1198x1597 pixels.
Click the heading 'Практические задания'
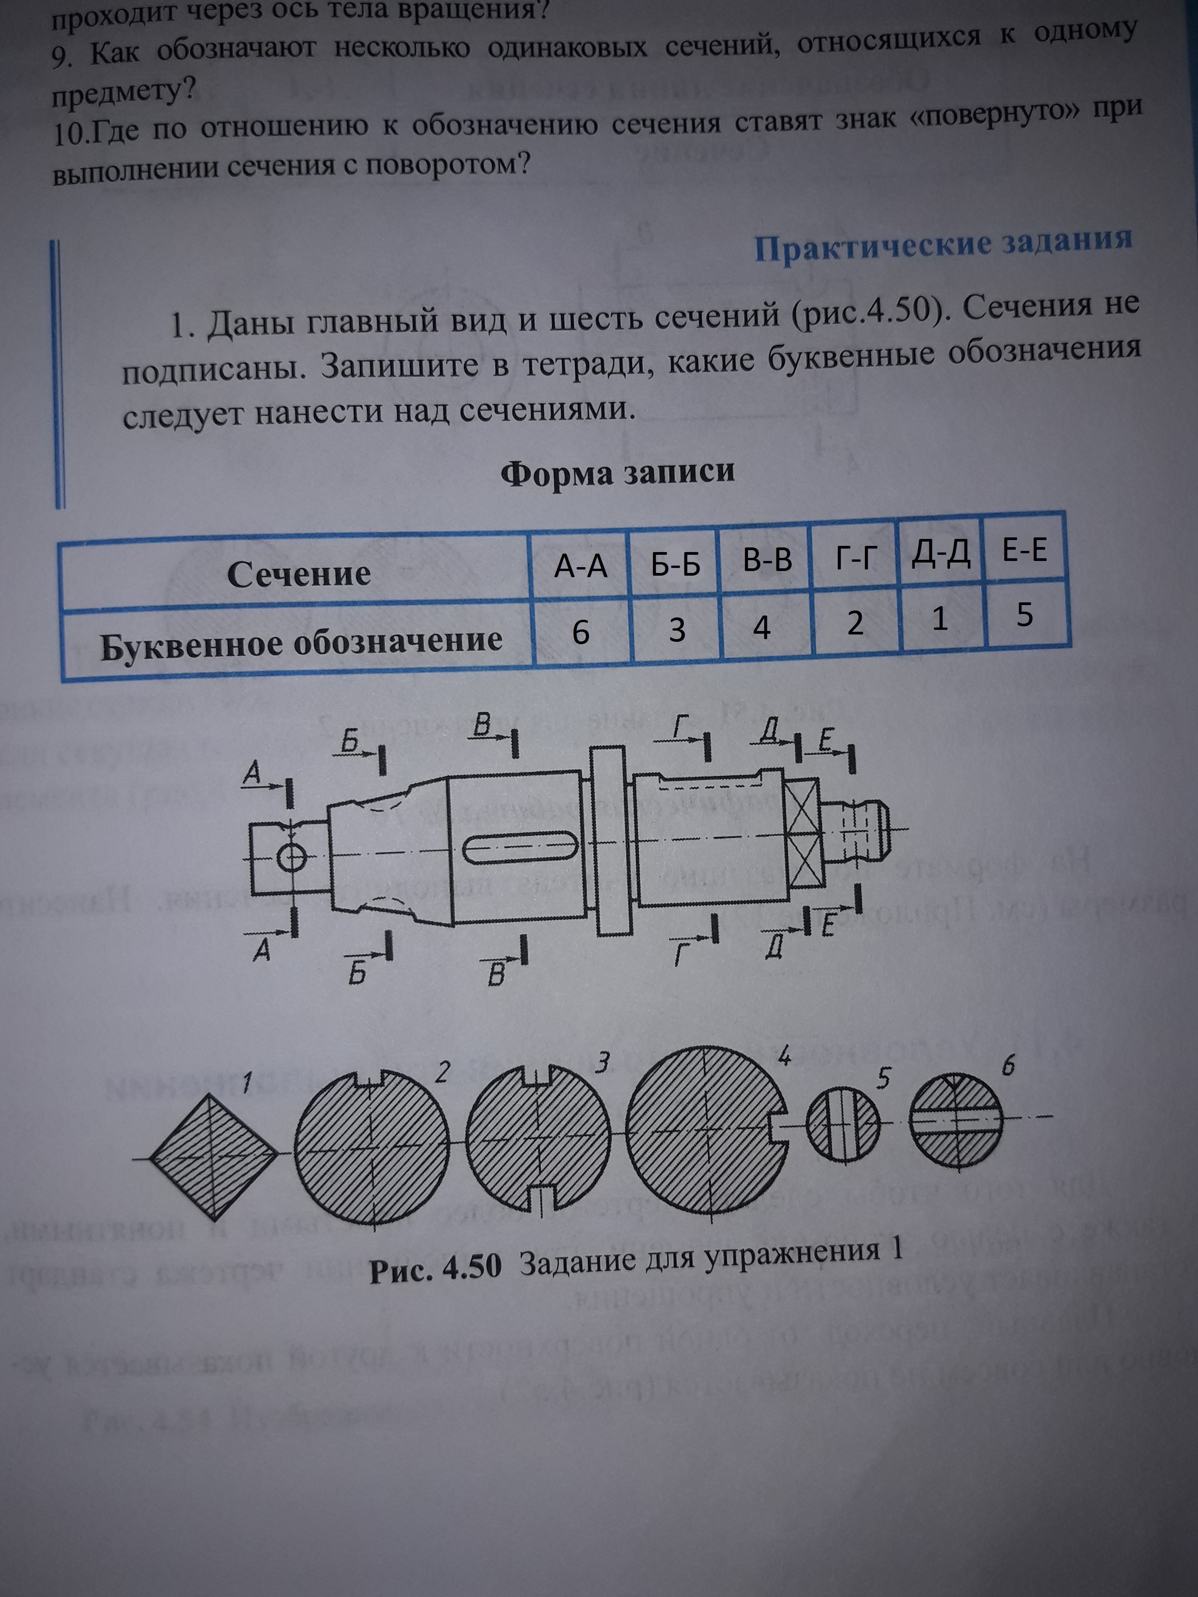pos(942,246)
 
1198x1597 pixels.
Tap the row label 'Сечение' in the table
pos(298,575)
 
